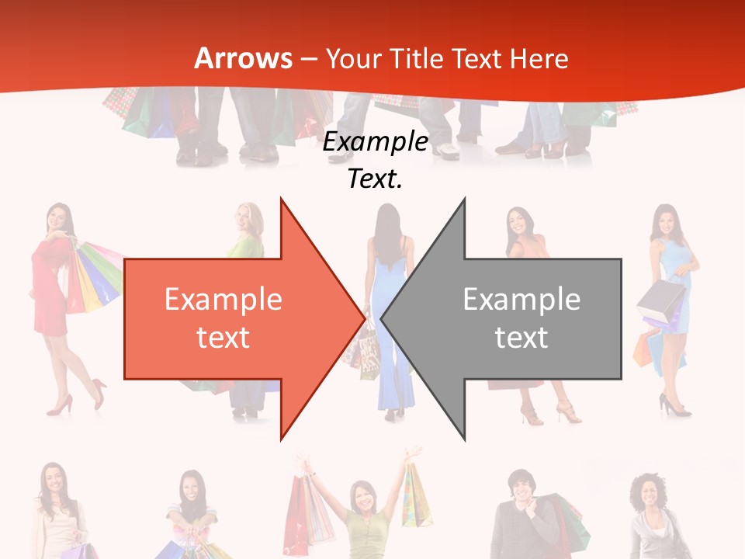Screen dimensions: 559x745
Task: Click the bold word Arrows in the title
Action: coord(243,58)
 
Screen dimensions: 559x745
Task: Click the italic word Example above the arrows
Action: coord(375,142)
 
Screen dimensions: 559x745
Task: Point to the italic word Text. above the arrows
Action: coord(375,179)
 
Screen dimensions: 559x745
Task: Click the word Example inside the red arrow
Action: coord(223,300)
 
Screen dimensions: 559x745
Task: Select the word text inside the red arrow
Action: coord(223,338)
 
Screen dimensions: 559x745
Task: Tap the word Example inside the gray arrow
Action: coord(521,300)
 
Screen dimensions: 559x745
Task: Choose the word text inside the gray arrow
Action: coord(521,338)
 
